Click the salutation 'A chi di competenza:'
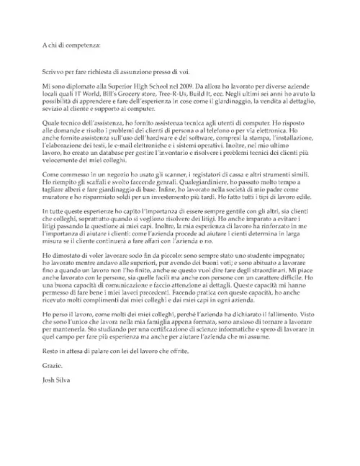coord(71,44)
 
